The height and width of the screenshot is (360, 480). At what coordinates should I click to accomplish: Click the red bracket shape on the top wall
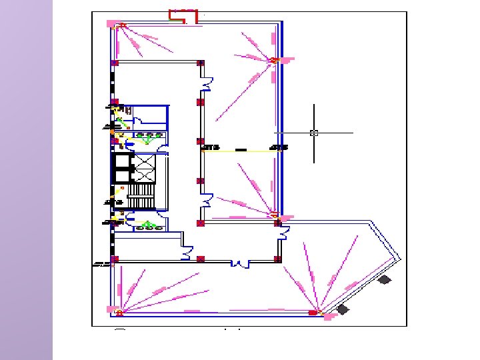coord(184,15)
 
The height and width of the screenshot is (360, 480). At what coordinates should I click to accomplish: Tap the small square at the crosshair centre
coord(314,133)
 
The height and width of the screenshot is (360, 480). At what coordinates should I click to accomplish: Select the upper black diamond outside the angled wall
coord(385,280)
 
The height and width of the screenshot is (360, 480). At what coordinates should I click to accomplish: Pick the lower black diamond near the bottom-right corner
coord(343,309)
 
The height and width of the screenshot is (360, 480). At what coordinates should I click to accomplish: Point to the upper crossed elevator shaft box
coord(144,161)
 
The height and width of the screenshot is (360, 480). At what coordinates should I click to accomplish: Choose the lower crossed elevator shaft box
coord(144,175)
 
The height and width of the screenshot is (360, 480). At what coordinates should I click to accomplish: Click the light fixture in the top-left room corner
coord(121,26)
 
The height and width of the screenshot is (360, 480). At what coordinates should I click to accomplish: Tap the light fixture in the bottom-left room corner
coord(119,311)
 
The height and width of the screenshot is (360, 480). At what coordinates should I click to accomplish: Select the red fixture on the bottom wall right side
coord(313,311)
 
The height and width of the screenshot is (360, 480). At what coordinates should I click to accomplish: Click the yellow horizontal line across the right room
coord(240,151)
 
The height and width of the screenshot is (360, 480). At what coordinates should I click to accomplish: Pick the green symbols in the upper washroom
coord(151,136)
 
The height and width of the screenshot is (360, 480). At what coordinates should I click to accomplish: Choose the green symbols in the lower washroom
coord(149,225)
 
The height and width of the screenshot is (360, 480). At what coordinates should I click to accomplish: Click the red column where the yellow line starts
coord(201,141)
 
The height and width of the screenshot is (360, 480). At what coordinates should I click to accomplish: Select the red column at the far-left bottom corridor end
coord(115,259)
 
